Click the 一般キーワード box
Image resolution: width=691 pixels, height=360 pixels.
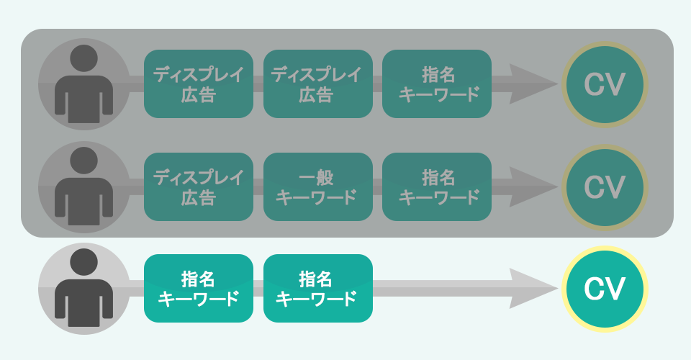tap(317, 187)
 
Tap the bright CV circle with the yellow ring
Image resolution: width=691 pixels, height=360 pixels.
tap(604, 289)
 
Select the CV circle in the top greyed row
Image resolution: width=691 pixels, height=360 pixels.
tap(604, 84)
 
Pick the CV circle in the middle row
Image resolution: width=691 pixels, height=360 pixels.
tap(604, 187)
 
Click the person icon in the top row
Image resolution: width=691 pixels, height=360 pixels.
tap(84, 84)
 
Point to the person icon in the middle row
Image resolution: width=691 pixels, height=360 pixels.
tap(84, 187)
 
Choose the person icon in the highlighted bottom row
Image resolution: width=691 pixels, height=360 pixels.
tap(84, 289)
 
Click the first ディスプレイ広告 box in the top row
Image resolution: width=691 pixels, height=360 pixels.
tap(199, 84)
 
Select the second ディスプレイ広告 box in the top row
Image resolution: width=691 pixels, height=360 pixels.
tap(317, 84)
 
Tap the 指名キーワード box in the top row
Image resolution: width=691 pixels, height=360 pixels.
tap(437, 84)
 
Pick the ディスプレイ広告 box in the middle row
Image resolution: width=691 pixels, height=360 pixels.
tap(199, 187)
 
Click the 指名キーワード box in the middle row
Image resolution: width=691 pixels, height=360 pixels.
tap(437, 187)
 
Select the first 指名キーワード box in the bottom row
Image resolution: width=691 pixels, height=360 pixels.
tap(199, 289)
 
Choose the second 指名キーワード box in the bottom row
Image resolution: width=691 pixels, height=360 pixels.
tap(317, 289)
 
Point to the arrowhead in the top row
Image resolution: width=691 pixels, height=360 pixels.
tap(533, 84)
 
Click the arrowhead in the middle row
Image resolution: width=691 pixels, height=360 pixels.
tap(533, 187)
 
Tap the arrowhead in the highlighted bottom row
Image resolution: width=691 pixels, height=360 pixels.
tap(533, 289)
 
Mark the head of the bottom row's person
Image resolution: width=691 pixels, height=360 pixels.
tap(84, 262)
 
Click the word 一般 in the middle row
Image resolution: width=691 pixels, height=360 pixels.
tap(317, 177)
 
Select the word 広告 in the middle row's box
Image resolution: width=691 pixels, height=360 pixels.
tap(199, 197)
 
